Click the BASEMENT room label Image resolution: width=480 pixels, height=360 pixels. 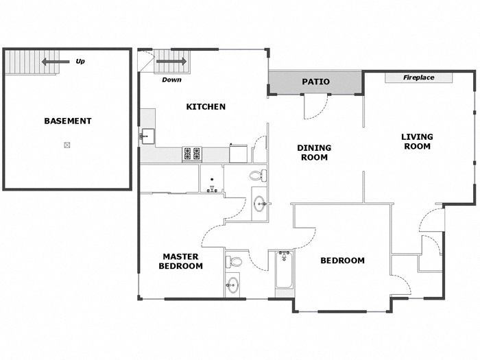tap(67, 121)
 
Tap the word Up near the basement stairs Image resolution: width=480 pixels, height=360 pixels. tap(80, 62)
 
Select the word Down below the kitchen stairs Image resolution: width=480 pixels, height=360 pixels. tap(171, 80)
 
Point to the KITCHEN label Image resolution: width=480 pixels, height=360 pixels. tap(206, 107)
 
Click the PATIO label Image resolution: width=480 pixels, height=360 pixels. tap(315, 82)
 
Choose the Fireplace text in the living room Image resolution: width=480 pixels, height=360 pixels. tap(418, 78)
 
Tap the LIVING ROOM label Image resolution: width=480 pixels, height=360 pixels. tap(416, 141)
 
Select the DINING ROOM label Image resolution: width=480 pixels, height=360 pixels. tap(313, 152)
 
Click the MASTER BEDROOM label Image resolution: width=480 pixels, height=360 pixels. tap(181, 261)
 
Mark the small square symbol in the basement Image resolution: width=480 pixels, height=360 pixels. tap(67, 145)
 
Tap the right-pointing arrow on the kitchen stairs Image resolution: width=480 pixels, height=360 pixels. tap(171, 62)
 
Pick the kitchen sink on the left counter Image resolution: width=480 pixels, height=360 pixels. tap(147, 136)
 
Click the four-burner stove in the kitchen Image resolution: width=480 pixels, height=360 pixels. tap(191, 154)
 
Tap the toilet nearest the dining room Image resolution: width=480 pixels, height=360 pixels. tap(259, 176)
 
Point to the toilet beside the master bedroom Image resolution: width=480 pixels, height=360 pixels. tap(235, 261)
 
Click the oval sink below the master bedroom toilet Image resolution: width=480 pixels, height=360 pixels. tap(233, 285)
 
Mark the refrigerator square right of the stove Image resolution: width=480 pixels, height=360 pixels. tap(238, 153)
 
